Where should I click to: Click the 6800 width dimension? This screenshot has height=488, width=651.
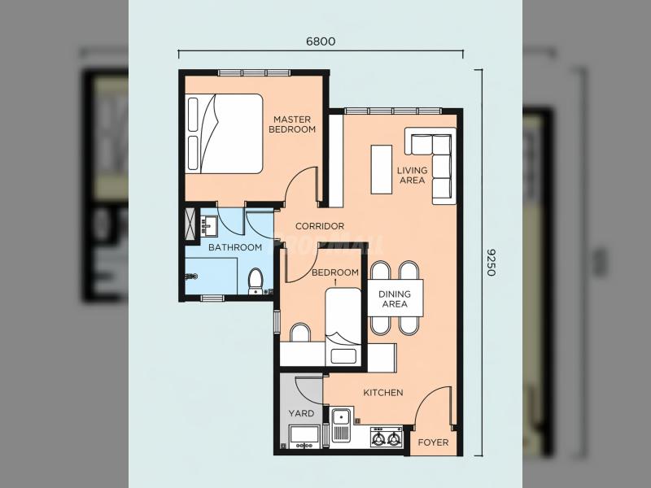tap(321, 41)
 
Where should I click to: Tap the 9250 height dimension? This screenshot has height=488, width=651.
tap(492, 263)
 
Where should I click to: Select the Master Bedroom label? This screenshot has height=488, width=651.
tap(292, 124)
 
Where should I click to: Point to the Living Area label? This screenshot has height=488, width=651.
tap(412, 175)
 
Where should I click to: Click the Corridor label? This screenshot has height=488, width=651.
tap(320, 226)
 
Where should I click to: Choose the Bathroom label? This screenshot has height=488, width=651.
tap(235, 247)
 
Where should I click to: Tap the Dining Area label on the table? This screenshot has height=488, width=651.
tap(395, 298)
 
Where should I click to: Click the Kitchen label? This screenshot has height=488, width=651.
tap(383, 393)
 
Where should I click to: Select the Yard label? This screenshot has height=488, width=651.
tap(301, 413)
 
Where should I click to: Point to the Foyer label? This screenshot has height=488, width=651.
tap(433, 442)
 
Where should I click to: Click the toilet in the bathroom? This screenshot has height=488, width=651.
tap(256, 281)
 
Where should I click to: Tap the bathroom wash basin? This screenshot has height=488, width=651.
tap(209, 226)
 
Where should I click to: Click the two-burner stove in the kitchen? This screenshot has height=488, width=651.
tap(387, 438)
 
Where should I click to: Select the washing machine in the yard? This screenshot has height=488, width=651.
tap(304, 437)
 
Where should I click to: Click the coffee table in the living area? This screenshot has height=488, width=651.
tap(382, 169)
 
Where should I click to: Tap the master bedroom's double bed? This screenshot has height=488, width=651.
tap(225, 133)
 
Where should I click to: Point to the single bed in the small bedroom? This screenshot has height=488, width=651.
tap(343, 327)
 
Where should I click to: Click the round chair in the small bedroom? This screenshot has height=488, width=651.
tap(300, 333)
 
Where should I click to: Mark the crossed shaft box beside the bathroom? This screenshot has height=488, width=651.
tap(190, 223)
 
